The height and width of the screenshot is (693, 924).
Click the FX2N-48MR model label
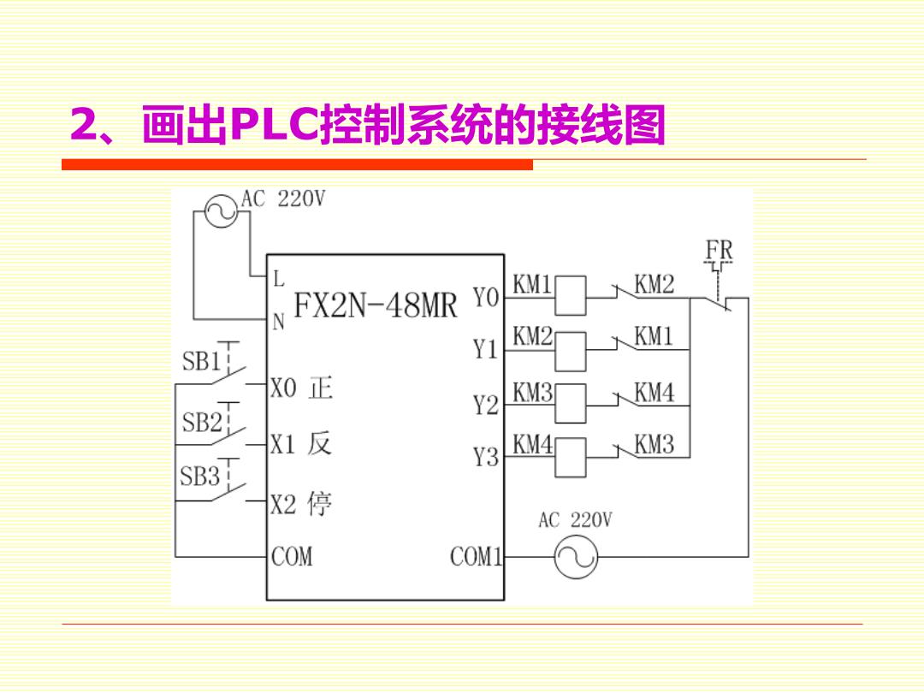click(376, 305)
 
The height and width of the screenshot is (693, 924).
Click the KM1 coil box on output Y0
click(571, 296)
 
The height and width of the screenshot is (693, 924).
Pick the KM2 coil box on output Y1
click(571, 352)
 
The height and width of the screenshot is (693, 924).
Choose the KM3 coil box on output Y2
click(571, 404)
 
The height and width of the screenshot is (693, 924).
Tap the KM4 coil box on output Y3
click(571, 457)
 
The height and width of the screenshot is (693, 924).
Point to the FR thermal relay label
click(719, 250)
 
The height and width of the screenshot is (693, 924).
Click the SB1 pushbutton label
click(200, 361)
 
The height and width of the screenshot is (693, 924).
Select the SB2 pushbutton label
click(202, 422)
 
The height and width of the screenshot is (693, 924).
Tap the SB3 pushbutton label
click(199, 476)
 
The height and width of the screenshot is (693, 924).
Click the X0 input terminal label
click(283, 388)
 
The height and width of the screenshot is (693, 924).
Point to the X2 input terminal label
click(283, 505)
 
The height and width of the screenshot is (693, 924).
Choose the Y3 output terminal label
click(486, 457)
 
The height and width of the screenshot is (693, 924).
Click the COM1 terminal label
click(477, 556)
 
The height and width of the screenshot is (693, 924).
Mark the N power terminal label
click(279, 322)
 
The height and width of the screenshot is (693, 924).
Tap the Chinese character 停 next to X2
click(319, 505)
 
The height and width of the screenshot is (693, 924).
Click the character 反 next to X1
click(319, 443)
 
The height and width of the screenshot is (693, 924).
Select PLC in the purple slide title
click(274, 124)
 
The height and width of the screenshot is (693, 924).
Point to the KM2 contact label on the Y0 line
click(654, 284)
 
